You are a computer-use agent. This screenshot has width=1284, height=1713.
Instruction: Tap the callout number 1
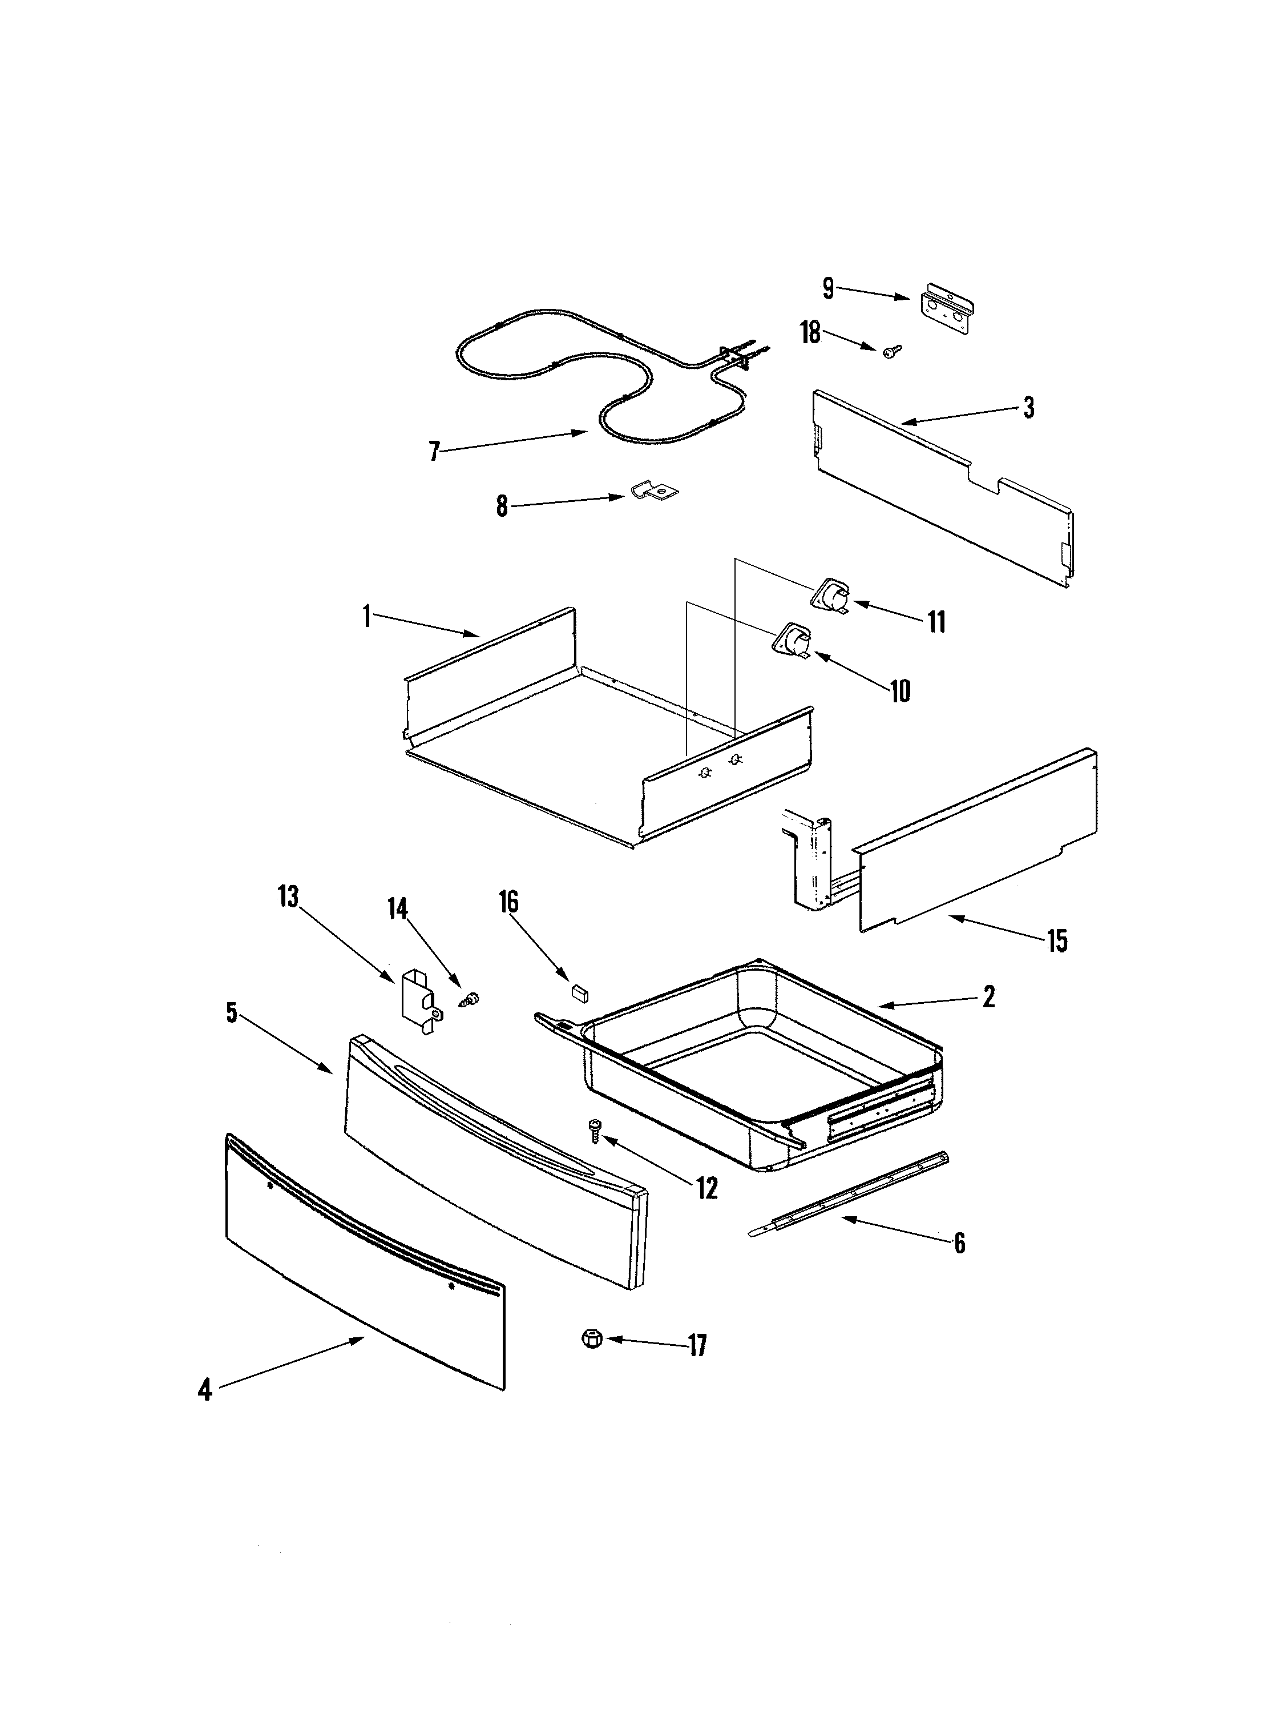(366, 617)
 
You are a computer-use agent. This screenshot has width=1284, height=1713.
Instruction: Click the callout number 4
(204, 1390)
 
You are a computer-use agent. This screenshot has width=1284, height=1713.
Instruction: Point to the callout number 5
(232, 1013)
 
